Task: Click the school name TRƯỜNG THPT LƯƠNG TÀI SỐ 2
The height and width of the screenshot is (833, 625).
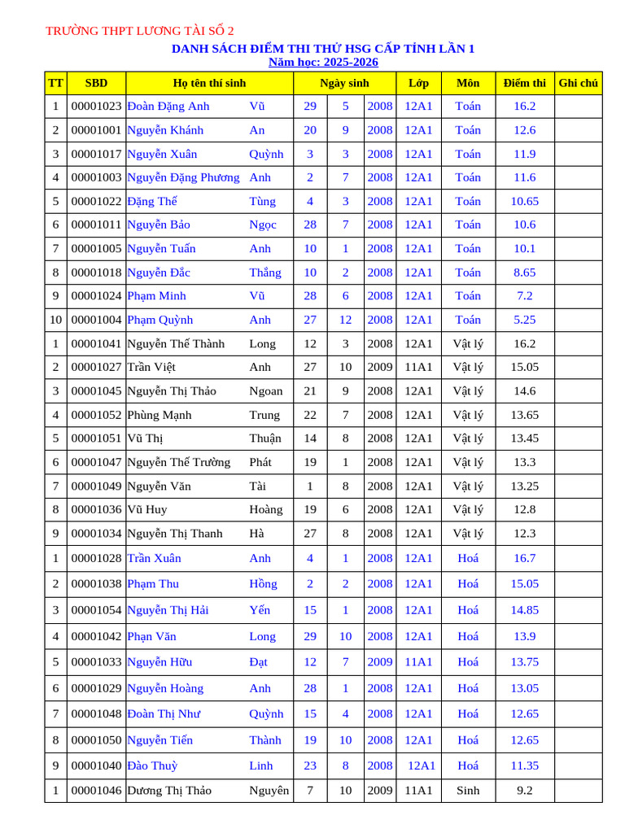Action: click(139, 32)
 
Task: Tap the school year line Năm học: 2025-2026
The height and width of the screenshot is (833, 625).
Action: click(323, 63)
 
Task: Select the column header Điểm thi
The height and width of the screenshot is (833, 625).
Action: click(524, 83)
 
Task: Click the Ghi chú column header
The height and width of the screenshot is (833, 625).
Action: click(578, 83)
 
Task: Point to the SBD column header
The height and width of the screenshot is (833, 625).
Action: click(96, 83)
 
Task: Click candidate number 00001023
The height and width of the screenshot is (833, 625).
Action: click(96, 107)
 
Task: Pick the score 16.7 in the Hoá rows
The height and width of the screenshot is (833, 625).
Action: click(524, 559)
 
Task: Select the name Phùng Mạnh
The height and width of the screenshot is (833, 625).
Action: click(160, 415)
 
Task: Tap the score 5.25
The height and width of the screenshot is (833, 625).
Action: click(524, 320)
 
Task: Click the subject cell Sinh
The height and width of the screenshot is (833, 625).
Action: click(468, 790)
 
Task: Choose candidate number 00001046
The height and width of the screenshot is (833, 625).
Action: click(96, 790)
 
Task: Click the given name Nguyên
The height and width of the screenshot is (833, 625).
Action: click(269, 790)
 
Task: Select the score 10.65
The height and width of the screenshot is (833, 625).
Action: click(524, 202)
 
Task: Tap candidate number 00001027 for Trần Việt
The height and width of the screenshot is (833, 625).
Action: click(96, 368)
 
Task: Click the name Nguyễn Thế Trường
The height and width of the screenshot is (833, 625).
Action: click(179, 463)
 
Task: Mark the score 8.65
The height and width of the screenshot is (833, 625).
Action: click(524, 273)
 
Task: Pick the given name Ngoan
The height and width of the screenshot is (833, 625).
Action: click(266, 391)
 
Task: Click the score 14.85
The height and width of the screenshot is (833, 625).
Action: click(524, 610)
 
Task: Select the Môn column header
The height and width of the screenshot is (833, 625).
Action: click(468, 83)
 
